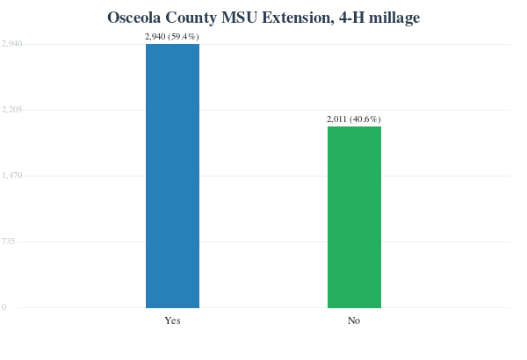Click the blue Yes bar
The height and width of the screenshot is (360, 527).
coord(172,176)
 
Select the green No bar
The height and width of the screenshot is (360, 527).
coord(354,217)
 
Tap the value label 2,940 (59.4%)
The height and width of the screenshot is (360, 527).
coord(172,37)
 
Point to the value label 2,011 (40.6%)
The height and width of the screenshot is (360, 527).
coord(354,119)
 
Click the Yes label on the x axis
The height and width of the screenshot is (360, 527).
coord(172,320)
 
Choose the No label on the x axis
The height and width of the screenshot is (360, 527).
coord(354,320)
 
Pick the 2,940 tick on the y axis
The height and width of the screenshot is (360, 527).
coord(12,44)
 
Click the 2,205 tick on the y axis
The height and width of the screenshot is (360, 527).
coord(12,110)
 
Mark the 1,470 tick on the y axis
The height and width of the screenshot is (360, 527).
coord(12,176)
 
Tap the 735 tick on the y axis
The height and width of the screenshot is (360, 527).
coord(9,241)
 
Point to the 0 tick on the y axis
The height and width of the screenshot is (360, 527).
coord(4,307)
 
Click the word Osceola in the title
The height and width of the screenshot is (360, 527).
coord(134,18)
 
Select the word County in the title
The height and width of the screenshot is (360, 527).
coord(191,18)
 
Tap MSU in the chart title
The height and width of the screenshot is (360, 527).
coord(239,18)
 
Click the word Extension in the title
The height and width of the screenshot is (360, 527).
coord(298,18)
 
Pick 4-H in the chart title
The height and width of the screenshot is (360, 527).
coord(351,18)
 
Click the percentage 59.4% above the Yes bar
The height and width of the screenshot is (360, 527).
coord(184,37)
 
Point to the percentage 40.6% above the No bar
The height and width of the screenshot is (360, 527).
coord(365,119)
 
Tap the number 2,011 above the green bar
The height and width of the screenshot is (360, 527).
coord(336,119)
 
